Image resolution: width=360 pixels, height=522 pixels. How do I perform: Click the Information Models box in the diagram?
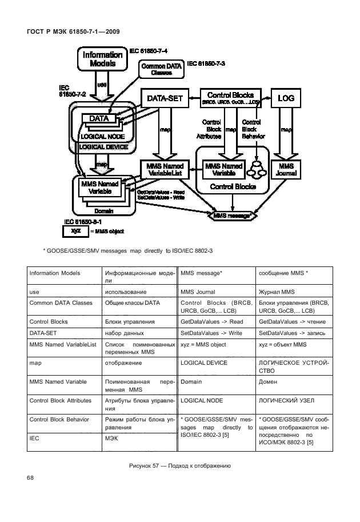(102, 59)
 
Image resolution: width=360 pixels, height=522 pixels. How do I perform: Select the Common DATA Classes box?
(161, 69)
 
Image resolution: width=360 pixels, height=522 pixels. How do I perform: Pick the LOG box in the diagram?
(285, 98)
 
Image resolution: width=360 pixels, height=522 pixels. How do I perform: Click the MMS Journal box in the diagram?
(285, 170)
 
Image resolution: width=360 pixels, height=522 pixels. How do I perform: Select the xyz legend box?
(74, 232)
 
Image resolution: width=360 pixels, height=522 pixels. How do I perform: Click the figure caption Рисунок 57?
(180, 466)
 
